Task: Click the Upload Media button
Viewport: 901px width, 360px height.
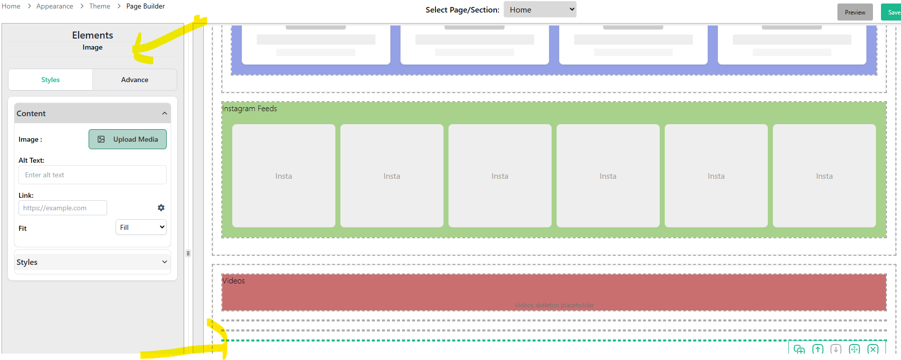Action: coord(128,139)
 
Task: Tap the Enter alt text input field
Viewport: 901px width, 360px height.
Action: coord(93,175)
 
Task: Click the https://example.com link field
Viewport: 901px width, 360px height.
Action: coord(63,208)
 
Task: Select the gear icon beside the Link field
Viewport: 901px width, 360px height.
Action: coord(161,208)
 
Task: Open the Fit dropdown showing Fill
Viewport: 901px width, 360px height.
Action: coord(141,227)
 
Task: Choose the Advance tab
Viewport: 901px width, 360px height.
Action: coord(135,80)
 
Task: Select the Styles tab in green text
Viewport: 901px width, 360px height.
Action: coord(51,80)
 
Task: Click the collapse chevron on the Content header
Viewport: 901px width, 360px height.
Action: coord(165,114)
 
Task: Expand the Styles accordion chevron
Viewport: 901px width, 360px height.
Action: coord(165,262)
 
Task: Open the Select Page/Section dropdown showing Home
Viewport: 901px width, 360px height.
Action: coord(540,10)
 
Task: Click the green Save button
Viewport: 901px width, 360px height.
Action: coord(892,13)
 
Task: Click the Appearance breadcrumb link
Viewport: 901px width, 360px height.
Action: coord(55,6)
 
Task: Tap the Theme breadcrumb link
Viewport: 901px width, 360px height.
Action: coord(100,6)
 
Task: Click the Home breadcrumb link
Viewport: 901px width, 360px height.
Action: coord(11,6)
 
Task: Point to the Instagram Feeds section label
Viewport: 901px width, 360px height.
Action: coord(249,109)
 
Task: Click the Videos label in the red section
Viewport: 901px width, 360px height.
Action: coord(234,281)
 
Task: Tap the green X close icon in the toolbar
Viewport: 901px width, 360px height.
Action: coord(873,349)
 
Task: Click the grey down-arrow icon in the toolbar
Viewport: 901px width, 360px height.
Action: coord(836,349)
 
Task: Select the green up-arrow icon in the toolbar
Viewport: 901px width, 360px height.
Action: coord(818,349)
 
